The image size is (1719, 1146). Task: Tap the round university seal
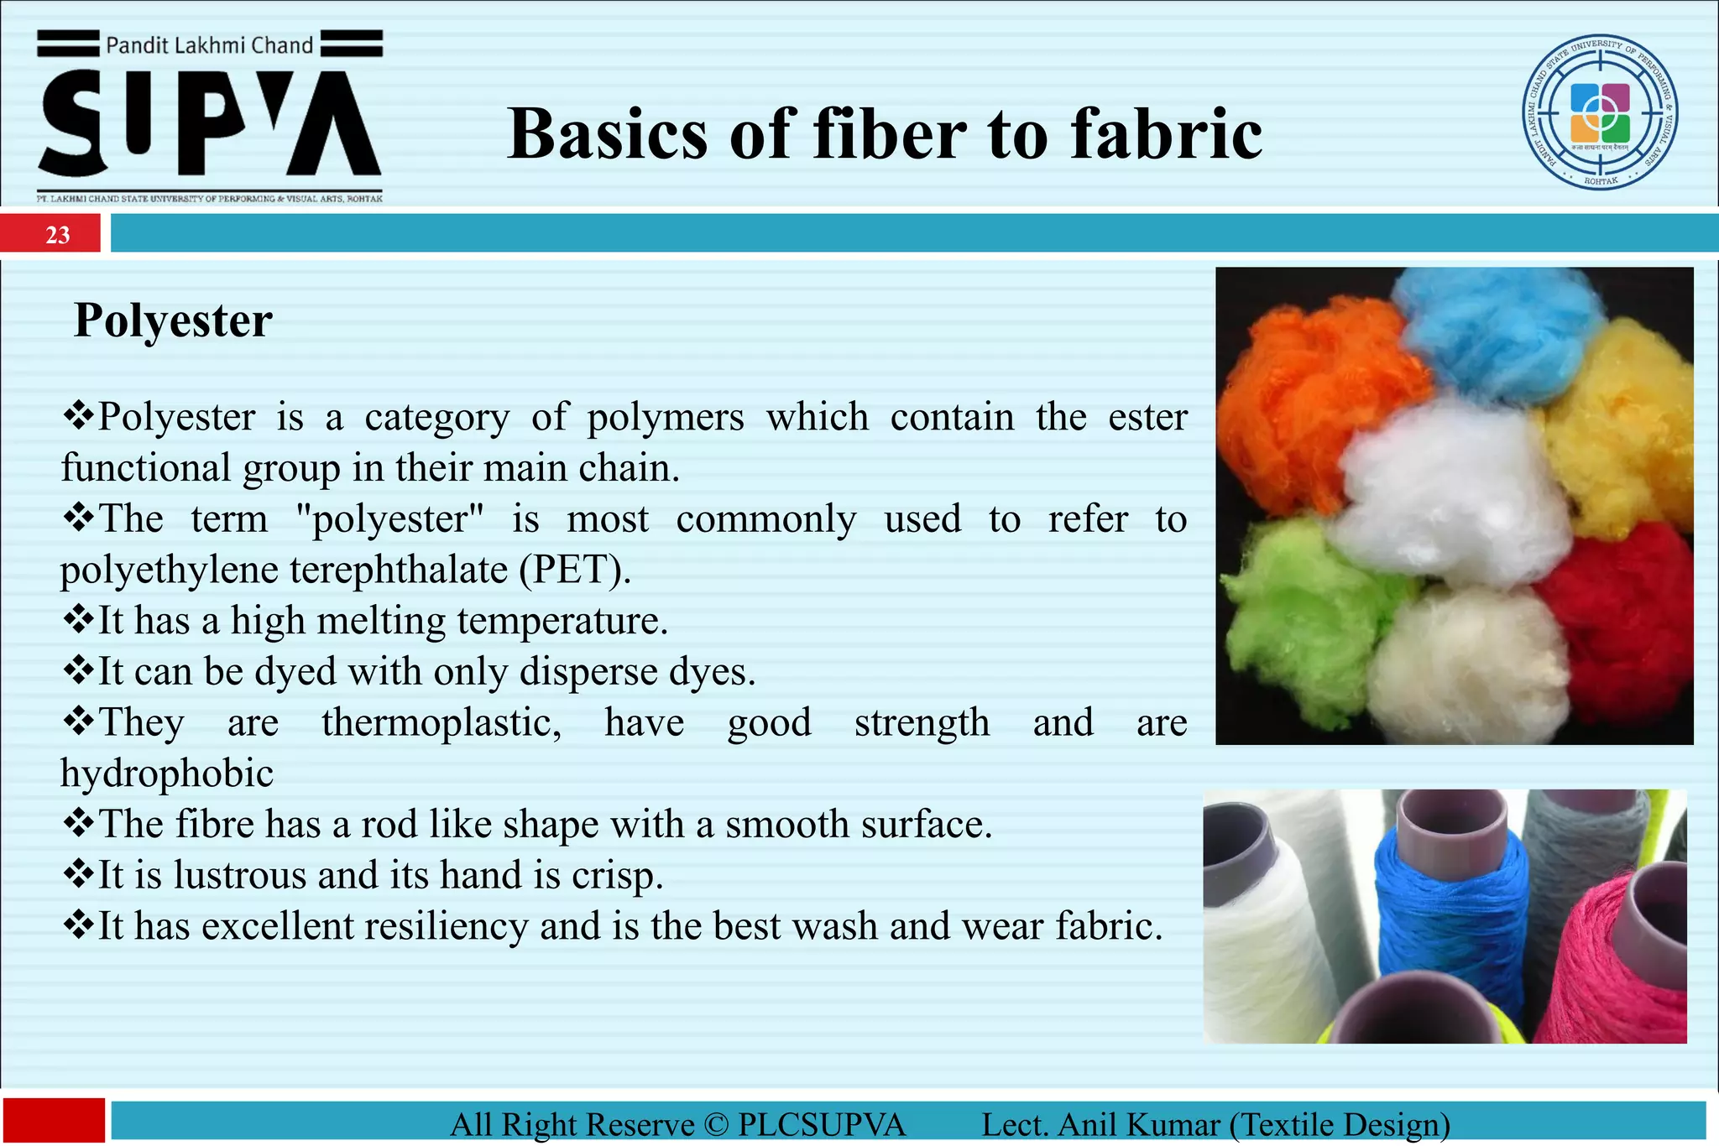click(1600, 112)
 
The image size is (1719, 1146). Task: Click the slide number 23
click(57, 235)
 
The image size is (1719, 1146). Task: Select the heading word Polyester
click(173, 320)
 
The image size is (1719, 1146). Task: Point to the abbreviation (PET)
click(574, 570)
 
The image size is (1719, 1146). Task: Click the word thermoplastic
click(441, 722)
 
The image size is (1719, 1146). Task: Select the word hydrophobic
click(167, 774)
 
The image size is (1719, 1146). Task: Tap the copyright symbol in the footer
click(716, 1125)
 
